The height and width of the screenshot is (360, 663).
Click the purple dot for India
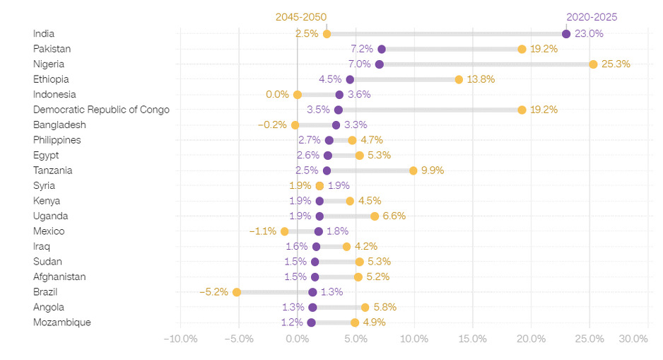tap(566, 34)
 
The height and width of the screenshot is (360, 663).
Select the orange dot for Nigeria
tap(593, 64)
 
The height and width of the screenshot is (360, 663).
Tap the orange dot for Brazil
tap(237, 292)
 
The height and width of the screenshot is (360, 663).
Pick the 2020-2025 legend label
tap(592, 17)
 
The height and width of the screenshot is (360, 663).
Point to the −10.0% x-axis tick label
tap(180, 339)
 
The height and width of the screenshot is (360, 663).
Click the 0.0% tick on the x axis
tap(298, 339)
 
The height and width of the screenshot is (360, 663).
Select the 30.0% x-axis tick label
tap(633, 339)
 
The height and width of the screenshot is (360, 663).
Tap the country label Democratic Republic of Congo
tap(101, 110)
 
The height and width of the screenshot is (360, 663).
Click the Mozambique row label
tap(61, 323)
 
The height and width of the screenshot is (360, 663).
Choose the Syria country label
tap(45, 186)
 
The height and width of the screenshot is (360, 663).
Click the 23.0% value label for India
tap(589, 34)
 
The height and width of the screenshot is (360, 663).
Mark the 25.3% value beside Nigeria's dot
tap(616, 64)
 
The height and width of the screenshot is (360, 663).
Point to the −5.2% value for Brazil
tap(213, 292)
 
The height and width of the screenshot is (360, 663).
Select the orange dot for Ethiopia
tap(459, 79)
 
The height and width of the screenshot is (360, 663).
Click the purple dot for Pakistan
tap(382, 49)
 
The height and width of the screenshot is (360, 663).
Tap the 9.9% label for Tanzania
tap(433, 170)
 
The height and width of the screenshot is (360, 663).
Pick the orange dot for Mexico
tap(284, 231)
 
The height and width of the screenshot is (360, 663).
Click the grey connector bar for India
tap(445, 34)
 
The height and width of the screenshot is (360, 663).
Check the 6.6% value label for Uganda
tap(394, 216)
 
